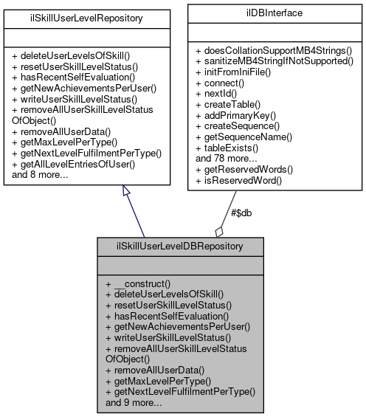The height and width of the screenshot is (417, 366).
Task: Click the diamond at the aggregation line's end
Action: point(218,230)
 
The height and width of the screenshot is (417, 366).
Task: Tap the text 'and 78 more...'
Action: point(225,157)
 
